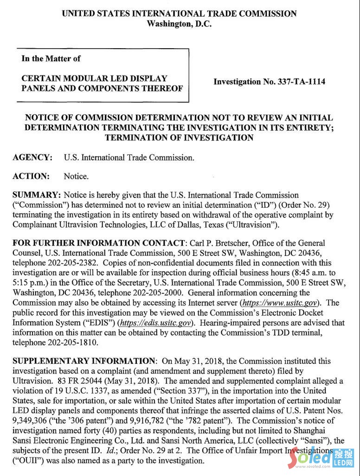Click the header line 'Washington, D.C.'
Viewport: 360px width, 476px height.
coord(179,24)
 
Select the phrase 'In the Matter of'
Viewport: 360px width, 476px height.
coord(51,58)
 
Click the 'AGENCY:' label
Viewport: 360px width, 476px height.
coord(32,158)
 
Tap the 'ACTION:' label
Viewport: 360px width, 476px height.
coord(31,176)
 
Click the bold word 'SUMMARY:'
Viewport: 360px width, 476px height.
coord(37,195)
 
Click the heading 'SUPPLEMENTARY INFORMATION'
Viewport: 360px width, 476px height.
coord(84,361)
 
